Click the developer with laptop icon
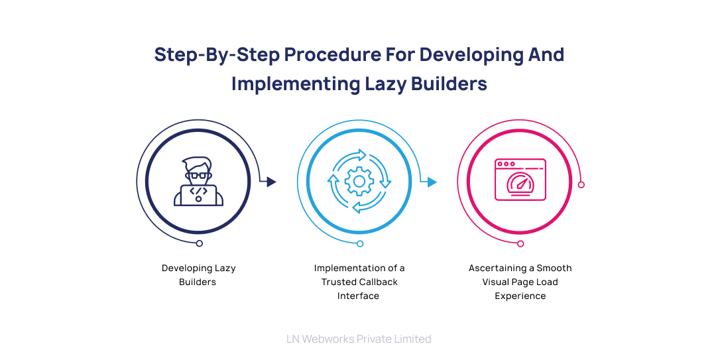pos(198,181)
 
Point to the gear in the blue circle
pos(359,181)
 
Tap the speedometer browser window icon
pos(520,180)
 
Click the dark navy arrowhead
pos(271,182)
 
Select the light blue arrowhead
pos(432,182)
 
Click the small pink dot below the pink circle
pos(520,244)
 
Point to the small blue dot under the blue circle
pos(360,244)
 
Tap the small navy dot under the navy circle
pos(199,244)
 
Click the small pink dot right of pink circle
pos(581,184)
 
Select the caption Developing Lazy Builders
pos(198,275)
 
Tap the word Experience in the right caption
pos(520,296)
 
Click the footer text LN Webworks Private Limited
pos(359,339)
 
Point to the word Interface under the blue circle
pos(358,296)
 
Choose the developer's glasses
pos(198,176)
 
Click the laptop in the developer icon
pos(198,194)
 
